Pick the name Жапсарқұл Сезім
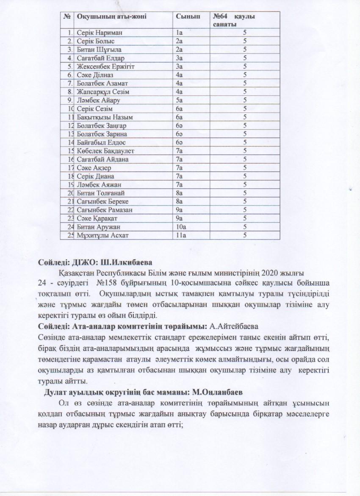coord(103,92)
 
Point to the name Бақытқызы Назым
coord(103,117)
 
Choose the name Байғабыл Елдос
coord(101,142)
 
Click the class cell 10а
coord(181,227)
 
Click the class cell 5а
coord(180,100)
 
